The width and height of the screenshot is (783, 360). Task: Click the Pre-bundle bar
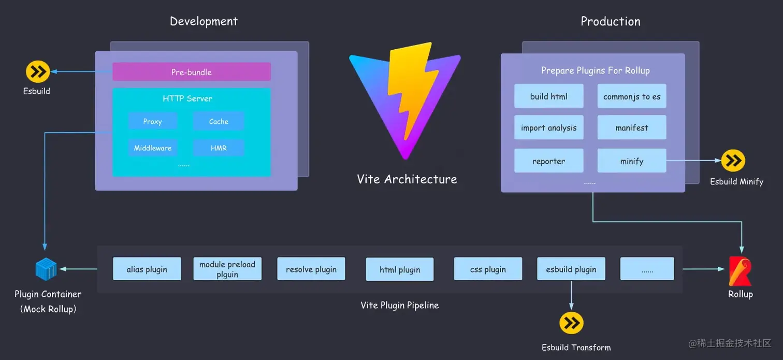click(x=192, y=72)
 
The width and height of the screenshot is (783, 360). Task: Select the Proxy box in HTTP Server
click(x=153, y=121)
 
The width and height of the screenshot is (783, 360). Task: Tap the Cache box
click(x=219, y=121)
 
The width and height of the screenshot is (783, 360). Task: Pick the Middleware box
click(x=153, y=148)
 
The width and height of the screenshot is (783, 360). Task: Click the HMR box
click(x=219, y=148)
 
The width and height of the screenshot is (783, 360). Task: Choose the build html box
click(x=548, y=96)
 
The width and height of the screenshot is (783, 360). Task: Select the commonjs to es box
click(x=632, y=96)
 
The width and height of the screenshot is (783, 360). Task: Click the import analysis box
click(x=548, y=128)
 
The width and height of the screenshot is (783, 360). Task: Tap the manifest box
click(x=632, y=128)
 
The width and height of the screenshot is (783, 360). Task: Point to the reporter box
click(x=548, y=161)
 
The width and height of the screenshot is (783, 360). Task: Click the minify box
click(x=632, y=161)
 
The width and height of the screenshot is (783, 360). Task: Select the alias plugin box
click(x=147, y=269)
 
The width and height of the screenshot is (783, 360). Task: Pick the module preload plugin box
click(x=227, y=269)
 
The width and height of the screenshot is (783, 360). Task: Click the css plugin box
click(x=488, y=269)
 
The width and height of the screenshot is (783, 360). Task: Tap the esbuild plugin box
click(x=571, y=269)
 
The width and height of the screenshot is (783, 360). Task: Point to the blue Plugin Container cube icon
click(x=46, y=269)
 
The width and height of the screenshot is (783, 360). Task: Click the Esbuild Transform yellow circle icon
click(x=571, y=323)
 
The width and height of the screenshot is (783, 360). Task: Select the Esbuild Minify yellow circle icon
click(x=733, y=161)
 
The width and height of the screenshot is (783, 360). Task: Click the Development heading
click(x=204, y=21)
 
